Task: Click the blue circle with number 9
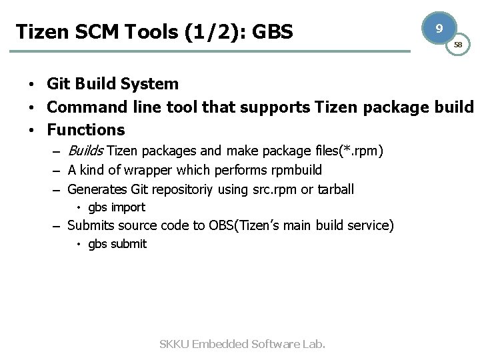point(438,29)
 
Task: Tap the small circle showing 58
point(458,45)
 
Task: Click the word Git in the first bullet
point(58,84)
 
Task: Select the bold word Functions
point(86,129)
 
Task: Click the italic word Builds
point(87,151)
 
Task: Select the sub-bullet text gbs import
point(117,207)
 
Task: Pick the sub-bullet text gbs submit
point(117,244)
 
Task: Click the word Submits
point(92,225)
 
